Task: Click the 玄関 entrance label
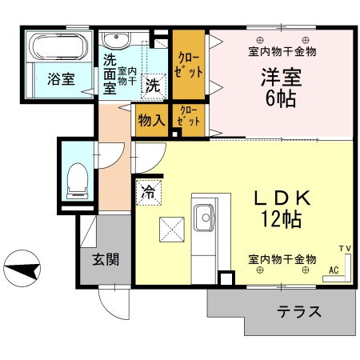105,259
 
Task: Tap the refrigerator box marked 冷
148,192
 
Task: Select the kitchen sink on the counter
203,215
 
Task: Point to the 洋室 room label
279,78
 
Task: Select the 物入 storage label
151,121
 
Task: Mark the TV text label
345,248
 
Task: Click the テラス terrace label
299,312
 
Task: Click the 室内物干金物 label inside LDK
282,259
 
